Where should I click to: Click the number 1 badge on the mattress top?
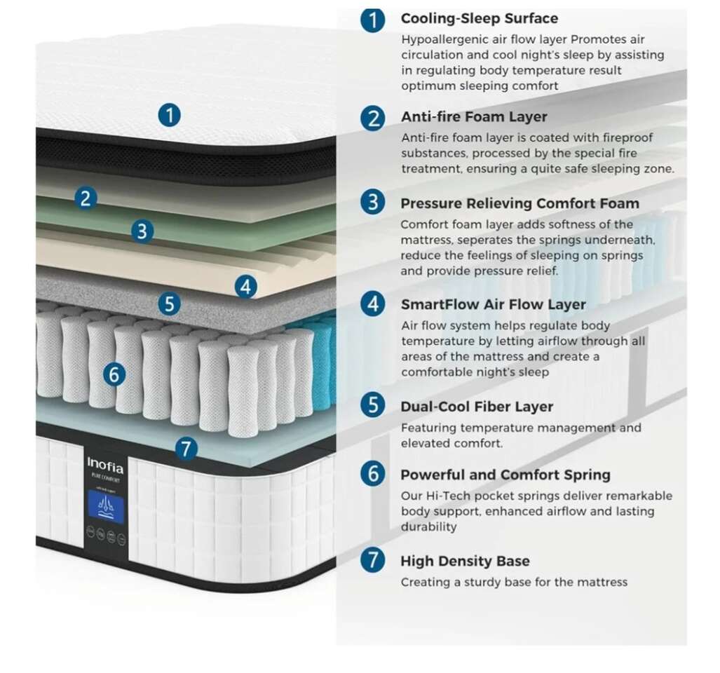pyautogui.click(x=169, y=114)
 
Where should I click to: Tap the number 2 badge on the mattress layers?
pyautogui.click(x=85, y=198)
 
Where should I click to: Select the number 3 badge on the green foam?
pyautogui.click(x=142, y=231)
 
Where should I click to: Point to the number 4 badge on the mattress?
pyautogui.click(x=245, y=286)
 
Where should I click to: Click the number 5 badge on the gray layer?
pyautogui.click(x=169, y=304)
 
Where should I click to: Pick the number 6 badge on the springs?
pyautogui.click(x=114, y=375)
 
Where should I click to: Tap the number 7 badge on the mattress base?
pyautogui.click(x=185, y=449)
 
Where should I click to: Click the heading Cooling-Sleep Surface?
pyautogui.click(x=479, y=18)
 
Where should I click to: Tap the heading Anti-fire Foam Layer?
pyautogui.click(x=473, y=116)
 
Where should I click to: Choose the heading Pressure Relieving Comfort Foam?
pyautogui.click(x=519, y=203)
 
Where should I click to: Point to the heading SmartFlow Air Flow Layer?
pyautogui.click(x=493, y=304)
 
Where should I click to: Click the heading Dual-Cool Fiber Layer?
pyautogui.click(x=477, y=407)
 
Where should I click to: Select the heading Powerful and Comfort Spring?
pyautogui.click(x=505, y=475)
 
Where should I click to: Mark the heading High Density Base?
pyautogui.click(x=465, y=561)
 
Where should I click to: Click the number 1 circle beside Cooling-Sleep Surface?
pyautogui.click(x=373, y=20)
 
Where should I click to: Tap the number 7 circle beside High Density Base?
pyautogui.click(x=373, y=561)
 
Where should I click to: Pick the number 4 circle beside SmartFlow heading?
pyautogui.click(x=373, y=304)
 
